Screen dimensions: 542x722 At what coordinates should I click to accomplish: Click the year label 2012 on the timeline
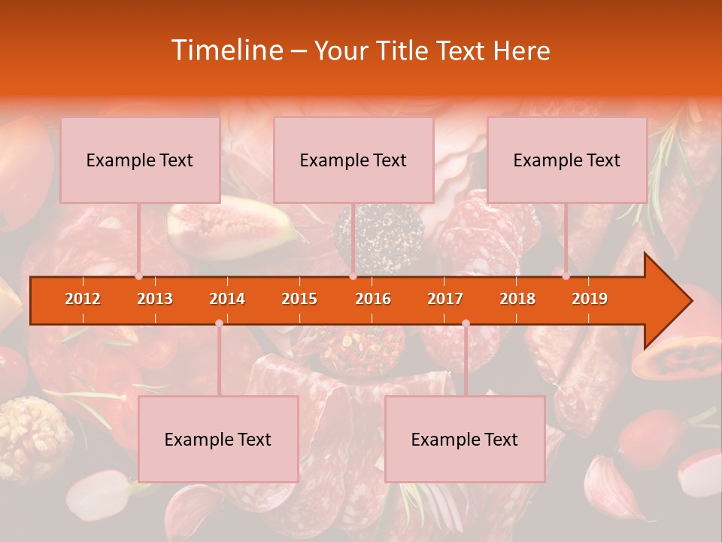tap(83, 299)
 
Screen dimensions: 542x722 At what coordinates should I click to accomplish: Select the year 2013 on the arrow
tap(155, 299)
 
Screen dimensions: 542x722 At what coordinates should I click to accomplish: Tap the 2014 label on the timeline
tap(227, 299)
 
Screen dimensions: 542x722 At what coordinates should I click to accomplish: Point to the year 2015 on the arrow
tap(299, 299)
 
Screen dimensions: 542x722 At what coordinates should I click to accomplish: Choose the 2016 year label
tap(373, 299)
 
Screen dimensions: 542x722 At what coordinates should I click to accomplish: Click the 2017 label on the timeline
tap(445, 299)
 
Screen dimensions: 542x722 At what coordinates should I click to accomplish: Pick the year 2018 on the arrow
tap(517, 299)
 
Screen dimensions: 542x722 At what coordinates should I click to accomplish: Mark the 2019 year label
tap(590, 299)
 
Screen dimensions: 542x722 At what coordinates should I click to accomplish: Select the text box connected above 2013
tap(140, 160)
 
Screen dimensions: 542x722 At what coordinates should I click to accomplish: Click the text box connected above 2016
tap(353, 160)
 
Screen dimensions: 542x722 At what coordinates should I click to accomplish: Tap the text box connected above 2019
tap(567, 160)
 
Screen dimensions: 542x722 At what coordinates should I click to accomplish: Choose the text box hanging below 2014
tap(218, 440)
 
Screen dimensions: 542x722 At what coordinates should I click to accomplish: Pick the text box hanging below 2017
tap(465, 440)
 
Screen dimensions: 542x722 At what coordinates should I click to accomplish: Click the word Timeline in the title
tap(226, 50)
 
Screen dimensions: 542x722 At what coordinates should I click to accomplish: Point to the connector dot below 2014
tap(219, 323)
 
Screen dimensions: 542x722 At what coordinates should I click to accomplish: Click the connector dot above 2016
tap(353, 276)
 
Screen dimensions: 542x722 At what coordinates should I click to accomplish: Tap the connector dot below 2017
tap(466, 323)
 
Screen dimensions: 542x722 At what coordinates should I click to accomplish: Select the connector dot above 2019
tap(566, 276)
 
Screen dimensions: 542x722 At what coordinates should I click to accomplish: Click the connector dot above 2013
tap(138, 276)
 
